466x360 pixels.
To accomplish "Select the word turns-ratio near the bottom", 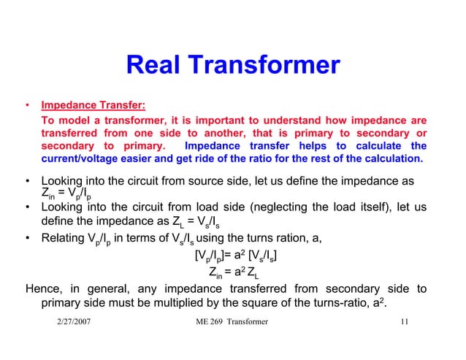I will point(359,304).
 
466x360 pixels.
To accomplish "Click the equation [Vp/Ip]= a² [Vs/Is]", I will point(235,256).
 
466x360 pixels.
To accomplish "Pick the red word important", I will point(222,120).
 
